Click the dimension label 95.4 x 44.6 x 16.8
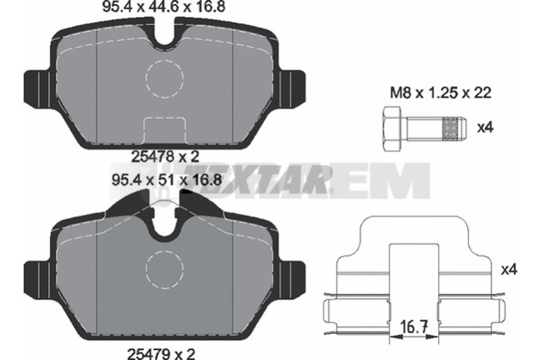point(164,7)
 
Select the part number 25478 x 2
point(166,157)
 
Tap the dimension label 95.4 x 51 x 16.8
point(166,179)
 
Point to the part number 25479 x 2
point(162,354)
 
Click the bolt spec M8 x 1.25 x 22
point(440,93)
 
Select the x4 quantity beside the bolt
point(485,128)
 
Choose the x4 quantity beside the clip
point(509,269)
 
